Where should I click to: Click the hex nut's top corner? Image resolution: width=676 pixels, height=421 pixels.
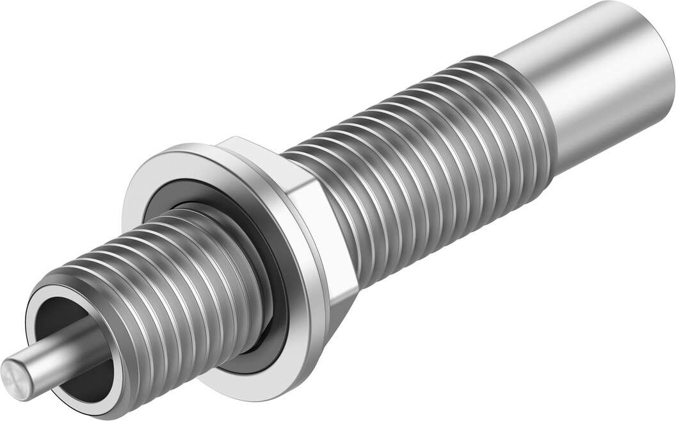pos(234,138)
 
